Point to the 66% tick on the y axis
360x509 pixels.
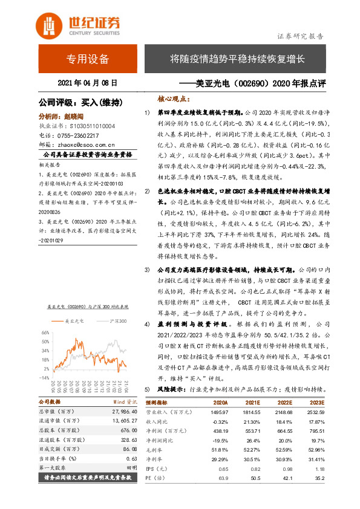[x=45, y=333]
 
